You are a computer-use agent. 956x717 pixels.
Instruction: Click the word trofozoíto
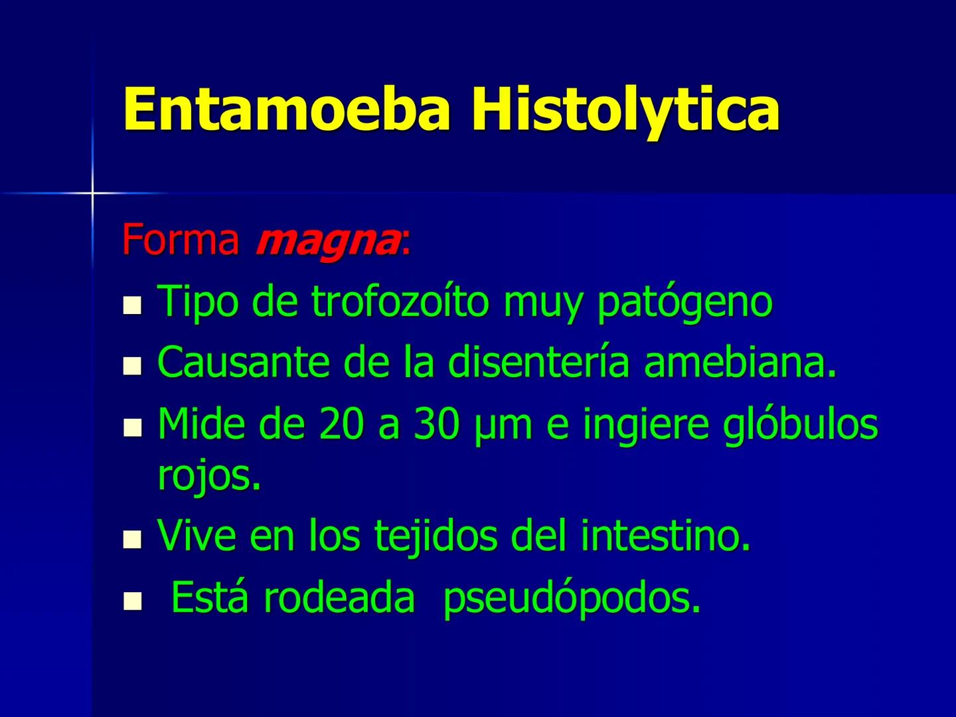(x=400, y=301)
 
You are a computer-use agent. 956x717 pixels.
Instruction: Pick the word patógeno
(x=684, y=303)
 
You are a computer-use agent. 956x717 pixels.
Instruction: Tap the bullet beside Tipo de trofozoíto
(x=133, y=307)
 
